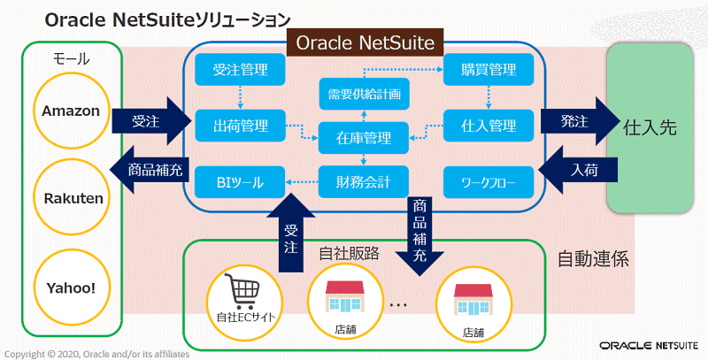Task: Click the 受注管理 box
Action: point(240,70)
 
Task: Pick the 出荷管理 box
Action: point(240,126)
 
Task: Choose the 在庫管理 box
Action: point(364,138)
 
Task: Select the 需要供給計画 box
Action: point(364,94)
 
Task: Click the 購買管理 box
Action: point(489,70)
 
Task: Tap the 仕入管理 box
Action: point(489,126)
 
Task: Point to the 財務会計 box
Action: point(364,182)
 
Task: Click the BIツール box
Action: point(240,182)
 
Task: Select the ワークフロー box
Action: point(489,182)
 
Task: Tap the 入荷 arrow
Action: point(579,170)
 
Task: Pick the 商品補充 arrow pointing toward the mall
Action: point(149,170)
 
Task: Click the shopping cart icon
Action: point(242,291)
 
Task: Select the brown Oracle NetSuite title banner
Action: point(365,42)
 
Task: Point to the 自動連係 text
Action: point(593,259)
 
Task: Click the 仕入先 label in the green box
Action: point(650,127)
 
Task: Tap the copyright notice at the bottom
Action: point(97,354)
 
